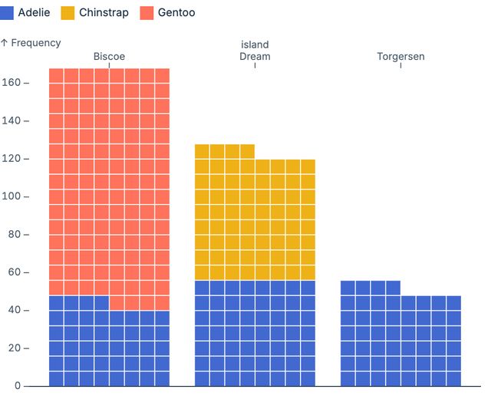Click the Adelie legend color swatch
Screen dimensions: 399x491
[8, 13]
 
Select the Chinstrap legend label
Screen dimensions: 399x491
[104, 13]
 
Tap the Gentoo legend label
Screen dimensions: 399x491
[176, 13]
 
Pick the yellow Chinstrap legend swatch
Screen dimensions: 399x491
[68, 13]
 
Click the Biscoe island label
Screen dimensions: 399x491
[109, 57]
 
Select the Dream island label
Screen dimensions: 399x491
[255, 57]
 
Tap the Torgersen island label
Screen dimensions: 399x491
[400, 57]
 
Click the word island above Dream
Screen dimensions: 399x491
[255, 45]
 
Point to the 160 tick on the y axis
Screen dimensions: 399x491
[12, 83]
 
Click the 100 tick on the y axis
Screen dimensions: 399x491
[12, 196]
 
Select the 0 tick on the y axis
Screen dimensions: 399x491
[18, 386]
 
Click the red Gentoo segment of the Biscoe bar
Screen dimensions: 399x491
[109, 184]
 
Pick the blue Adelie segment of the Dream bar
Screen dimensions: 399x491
[255, 334]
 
